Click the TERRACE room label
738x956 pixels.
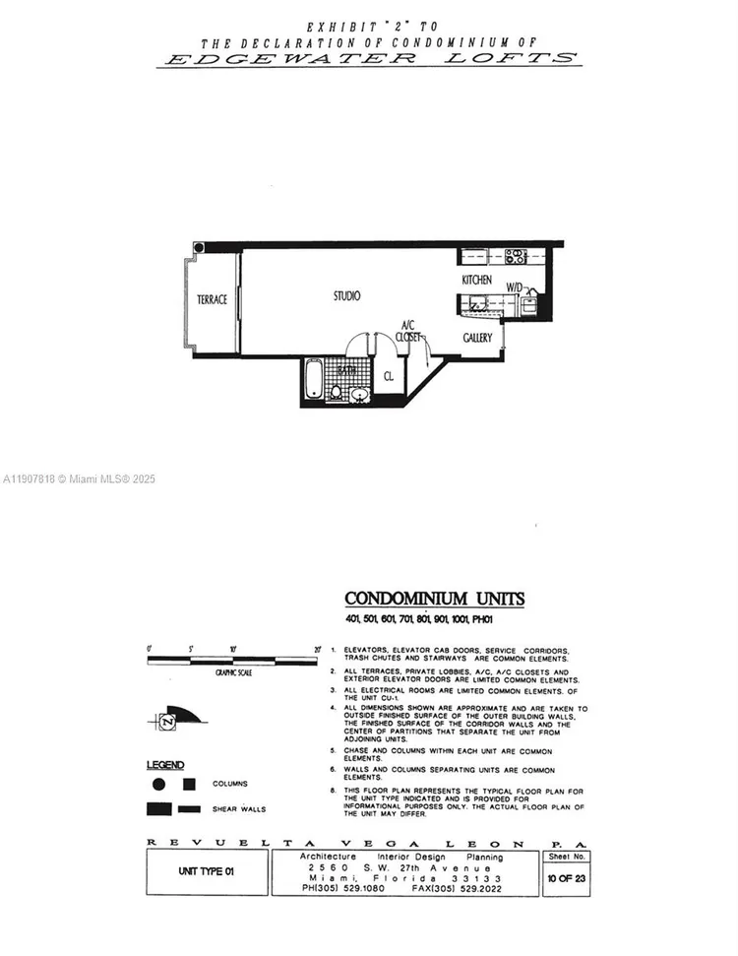[212, 299]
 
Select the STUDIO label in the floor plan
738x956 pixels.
[345, 295]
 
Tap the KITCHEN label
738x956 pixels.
[476, 281]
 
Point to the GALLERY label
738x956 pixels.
[477, 338]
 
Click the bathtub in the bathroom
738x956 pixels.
[312, 382]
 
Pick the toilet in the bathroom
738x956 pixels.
[337, 393]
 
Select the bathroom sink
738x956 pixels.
[359, 395]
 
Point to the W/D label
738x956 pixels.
[515, 287]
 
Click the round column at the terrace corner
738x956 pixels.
[199, 248]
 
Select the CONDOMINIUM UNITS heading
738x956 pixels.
[434, 599]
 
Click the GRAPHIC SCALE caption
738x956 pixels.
[229, 673]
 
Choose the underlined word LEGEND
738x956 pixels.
[164, 764]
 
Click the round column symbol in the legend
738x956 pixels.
[158, 785]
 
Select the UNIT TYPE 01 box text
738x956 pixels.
[207, 871]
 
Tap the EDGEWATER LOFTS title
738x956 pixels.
[368, 58]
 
